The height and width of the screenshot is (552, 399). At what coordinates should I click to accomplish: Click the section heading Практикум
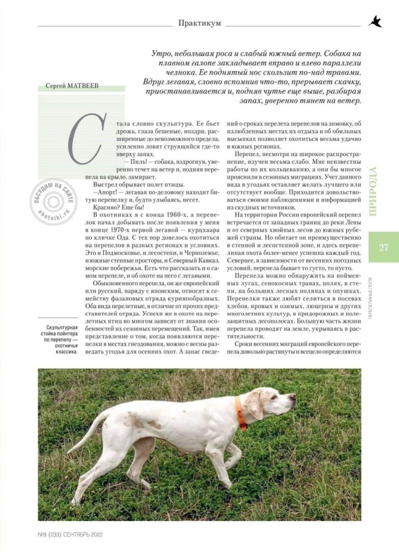tap(199, 23)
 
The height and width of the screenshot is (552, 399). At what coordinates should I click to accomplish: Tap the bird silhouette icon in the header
tap(375, 22)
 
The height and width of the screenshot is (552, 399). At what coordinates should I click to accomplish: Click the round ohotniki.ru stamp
tap(53, 201)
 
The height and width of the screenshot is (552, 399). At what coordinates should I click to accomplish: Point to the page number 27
tap(383, 247)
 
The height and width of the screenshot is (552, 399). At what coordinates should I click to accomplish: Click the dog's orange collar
tap(241, 413)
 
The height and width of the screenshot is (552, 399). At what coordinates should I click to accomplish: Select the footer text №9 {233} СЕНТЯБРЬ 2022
tap(70, 535)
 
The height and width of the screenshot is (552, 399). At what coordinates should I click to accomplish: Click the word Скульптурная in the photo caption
tap(59, 328)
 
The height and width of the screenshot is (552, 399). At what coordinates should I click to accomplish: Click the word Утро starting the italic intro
tap(162, 53)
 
